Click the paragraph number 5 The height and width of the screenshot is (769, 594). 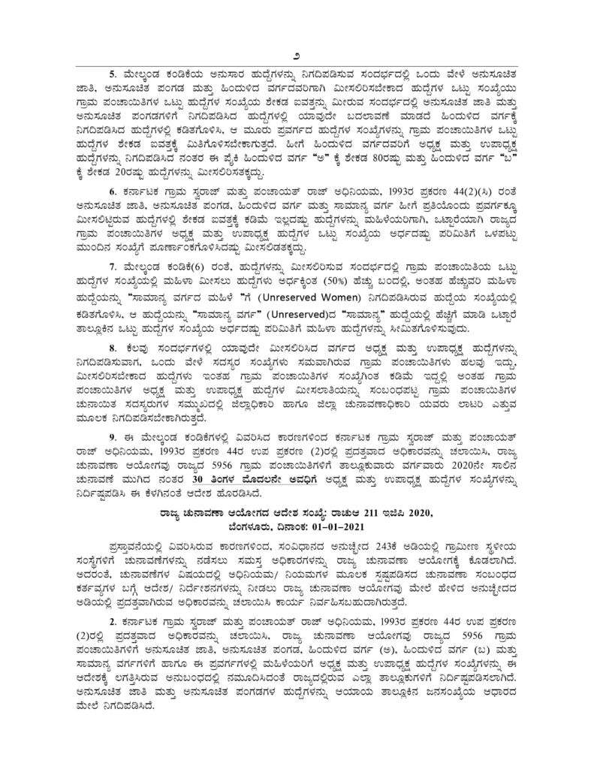(x=113, y=74)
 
